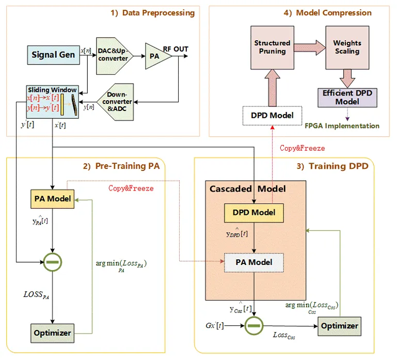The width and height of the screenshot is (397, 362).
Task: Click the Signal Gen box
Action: click(x=53, y=54)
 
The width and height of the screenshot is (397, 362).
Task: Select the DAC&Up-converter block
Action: click(x=113, y=55)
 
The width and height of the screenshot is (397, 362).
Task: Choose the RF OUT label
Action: click(x=176, y=50)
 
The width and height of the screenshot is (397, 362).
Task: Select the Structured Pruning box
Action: click(x=272, y=47)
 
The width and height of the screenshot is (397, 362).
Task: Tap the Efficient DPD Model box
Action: click(x=343, y=97)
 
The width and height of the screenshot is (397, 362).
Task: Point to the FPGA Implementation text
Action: click(x=348, y=125)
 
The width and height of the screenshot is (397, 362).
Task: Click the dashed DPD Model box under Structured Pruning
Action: click(x=272, y=115)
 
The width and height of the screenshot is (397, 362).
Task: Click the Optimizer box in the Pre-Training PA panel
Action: click(x=52, y=332)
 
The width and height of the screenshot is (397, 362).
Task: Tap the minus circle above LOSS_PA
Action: click(x=52, y=262)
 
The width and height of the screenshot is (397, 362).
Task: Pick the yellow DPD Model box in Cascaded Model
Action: click(x=253, y=212)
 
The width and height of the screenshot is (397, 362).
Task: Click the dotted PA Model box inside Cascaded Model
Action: click(x=253, y=262)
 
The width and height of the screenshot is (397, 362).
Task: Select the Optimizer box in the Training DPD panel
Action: click(x=339, y=326)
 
